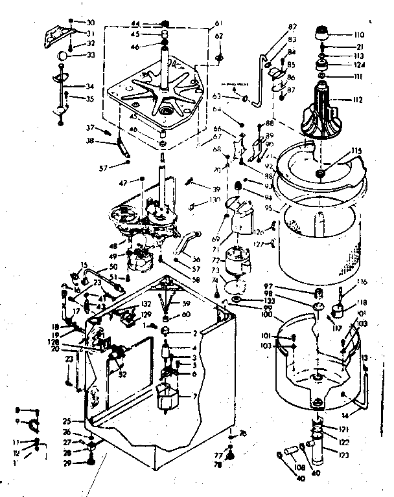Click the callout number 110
click(x=359, y=34)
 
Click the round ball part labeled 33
click(x=62, y=56)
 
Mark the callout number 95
click(x=266, y=209)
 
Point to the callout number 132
click(x=145, y=304)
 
